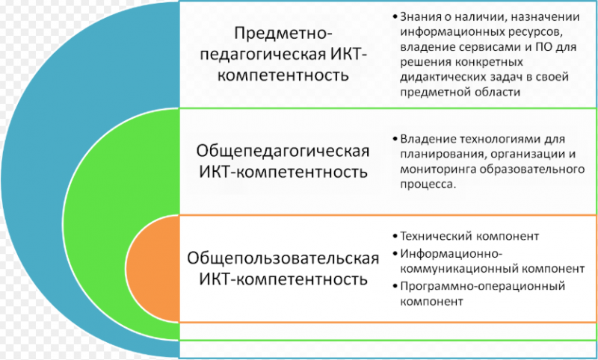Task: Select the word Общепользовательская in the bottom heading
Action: click(283, 259)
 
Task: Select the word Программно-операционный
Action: click(482, 286)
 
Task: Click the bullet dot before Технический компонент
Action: click(394, 236)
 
